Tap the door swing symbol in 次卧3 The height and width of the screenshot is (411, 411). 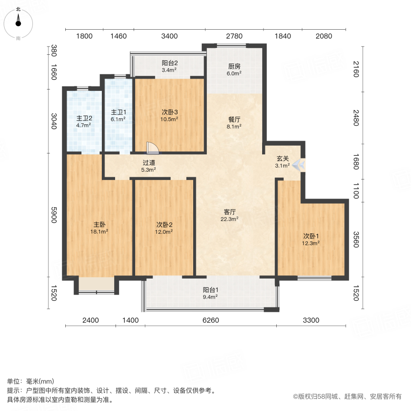click(x=153, y=148)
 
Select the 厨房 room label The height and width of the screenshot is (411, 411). click(x=234, y=68)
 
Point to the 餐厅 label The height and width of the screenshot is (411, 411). click(x=234, y=123)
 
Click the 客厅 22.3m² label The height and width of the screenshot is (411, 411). click(x=229, y=215)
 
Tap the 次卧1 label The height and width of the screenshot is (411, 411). click(x=311, y=239)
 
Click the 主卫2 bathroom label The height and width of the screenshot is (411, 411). click(x=84, y=121)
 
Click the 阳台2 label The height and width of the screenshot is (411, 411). click(x=169, y=66)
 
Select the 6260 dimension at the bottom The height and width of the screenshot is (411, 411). click(x=211, y=320)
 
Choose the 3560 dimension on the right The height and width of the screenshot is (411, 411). click(x=357, y=239)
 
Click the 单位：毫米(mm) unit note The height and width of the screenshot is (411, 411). click(x=30, y=382)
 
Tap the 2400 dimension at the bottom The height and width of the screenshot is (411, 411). click(x=90, y=320)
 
